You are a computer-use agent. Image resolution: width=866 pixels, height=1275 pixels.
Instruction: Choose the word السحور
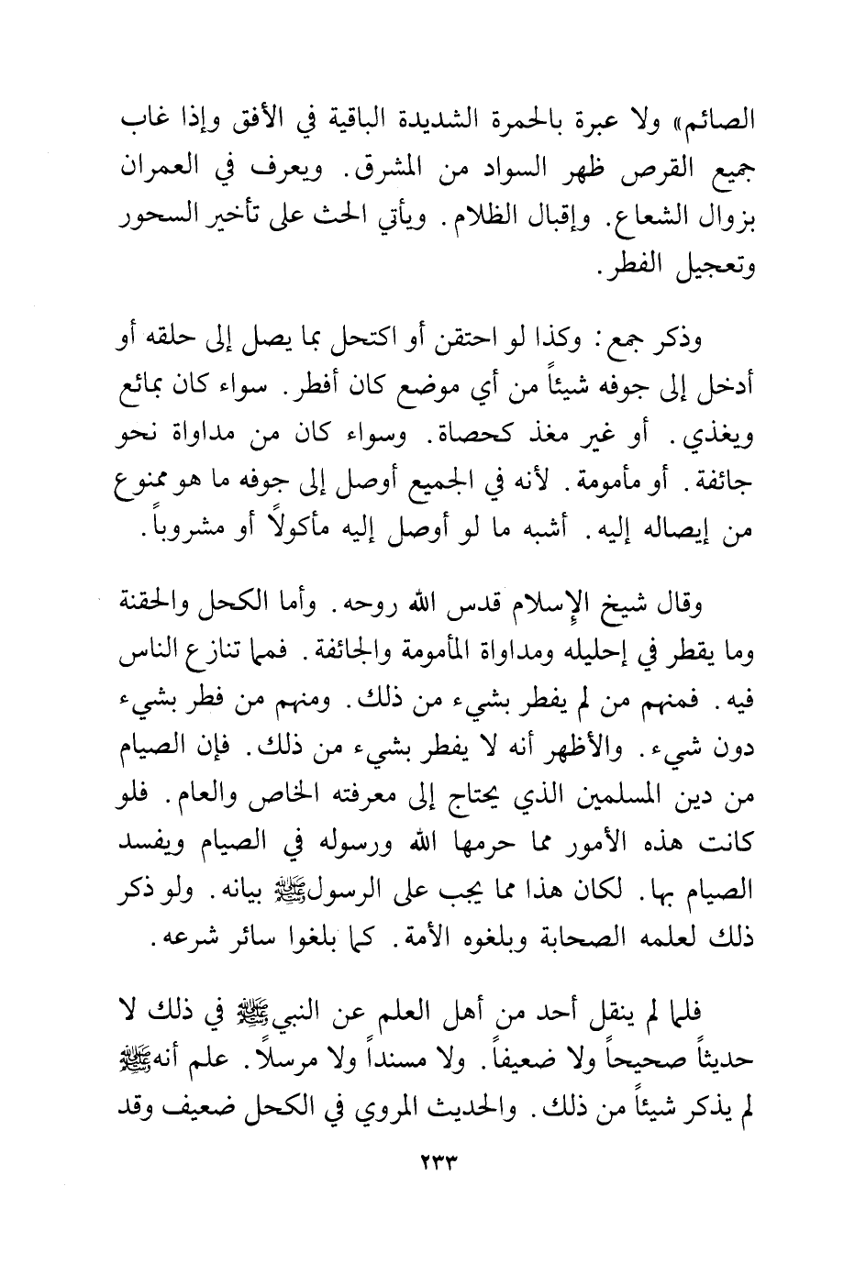(151, 225)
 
